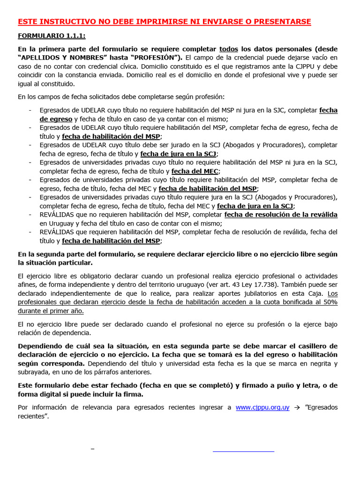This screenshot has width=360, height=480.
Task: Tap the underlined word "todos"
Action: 229,49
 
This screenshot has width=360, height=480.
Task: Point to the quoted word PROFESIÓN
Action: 157,58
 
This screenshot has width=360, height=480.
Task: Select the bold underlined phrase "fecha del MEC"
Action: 195,171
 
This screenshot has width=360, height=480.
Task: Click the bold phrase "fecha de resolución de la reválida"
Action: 281,215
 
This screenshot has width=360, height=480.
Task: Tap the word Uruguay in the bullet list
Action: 55,223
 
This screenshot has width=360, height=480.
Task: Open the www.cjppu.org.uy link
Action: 262,407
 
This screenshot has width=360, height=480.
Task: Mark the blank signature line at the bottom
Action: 243,451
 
